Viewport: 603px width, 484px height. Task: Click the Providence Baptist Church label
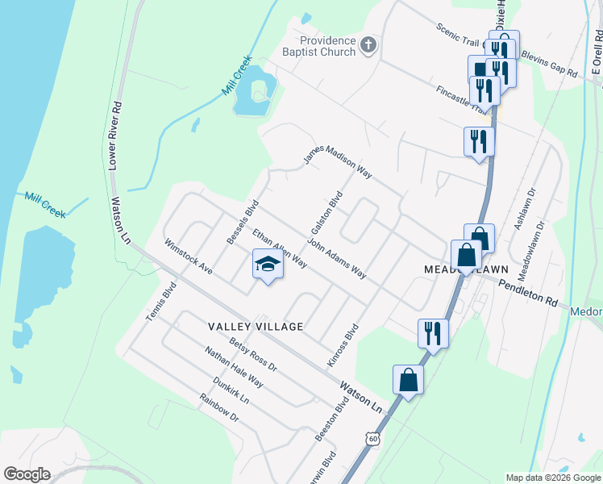point(327,46)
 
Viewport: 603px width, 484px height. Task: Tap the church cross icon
point(368,44)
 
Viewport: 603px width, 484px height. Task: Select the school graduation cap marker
point(268,264)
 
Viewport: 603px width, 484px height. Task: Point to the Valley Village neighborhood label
point(256,327)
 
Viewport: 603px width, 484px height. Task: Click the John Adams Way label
point(337,259)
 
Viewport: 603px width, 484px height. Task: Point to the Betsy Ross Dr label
point(253,356)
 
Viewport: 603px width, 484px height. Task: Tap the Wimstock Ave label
point(188,257)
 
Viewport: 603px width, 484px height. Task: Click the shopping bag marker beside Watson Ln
point(408,379)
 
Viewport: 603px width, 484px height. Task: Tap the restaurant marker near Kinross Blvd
point(433,332)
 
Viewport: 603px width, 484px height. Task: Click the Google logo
point(27,474)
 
